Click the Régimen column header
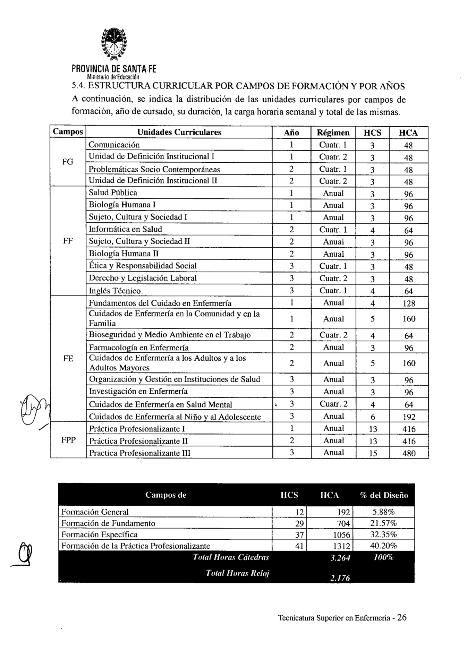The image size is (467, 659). tap(333, 132)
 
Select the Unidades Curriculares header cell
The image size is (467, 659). tap(179, 132)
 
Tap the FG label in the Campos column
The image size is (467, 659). tap(68, 162)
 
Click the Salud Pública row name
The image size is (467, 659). tap(113, 193)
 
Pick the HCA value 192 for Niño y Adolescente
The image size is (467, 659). tap(409, 417)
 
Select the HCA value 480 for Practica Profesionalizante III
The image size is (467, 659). tap(409, 453)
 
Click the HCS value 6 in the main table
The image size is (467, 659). tap(373, 417)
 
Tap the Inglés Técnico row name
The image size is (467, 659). tap(115, 291)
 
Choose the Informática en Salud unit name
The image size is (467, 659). tap(125, 229)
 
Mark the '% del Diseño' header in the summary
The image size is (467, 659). tap(384, 495)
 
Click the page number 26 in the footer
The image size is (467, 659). tap(402, 617)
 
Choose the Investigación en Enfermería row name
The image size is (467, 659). tap(138, 392)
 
